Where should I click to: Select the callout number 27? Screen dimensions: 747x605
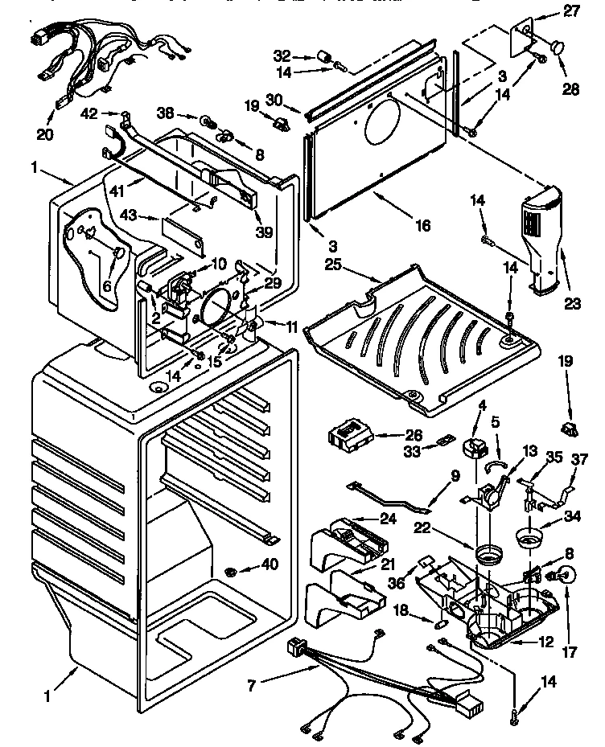[571, 11]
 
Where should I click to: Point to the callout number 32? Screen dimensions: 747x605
[282, 56]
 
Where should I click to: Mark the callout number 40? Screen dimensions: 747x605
[270, 565]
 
